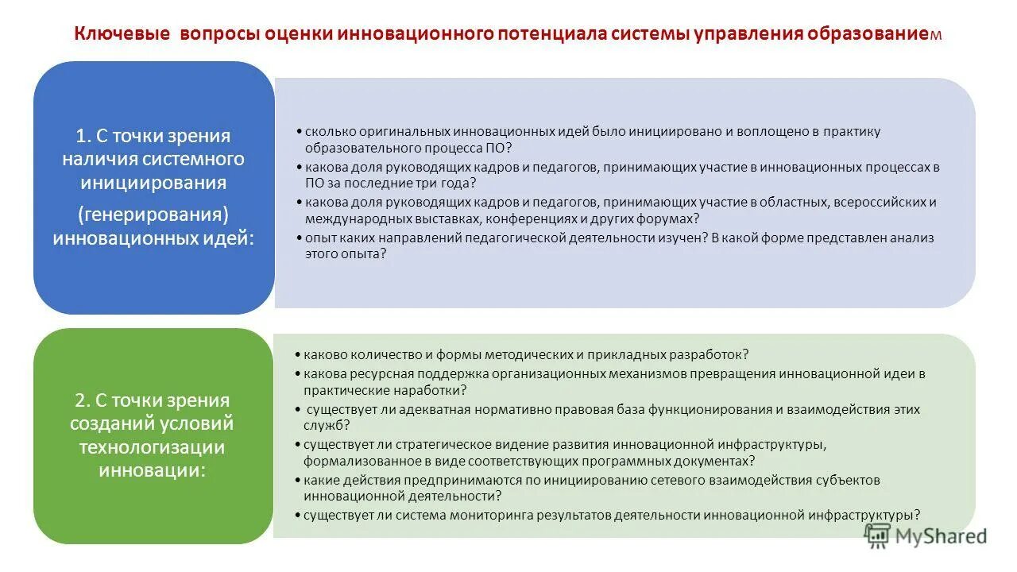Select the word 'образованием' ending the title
874,35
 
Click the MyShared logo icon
877,536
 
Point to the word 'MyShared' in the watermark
941,537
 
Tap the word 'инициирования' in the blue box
153,183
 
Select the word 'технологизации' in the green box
151,446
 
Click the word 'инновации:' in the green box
153,470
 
